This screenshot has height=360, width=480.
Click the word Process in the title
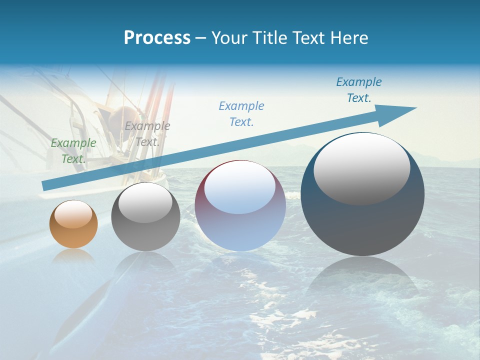pos(157,38)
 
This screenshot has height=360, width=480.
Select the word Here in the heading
pos(348,38)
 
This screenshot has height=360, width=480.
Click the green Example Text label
pos(73,150)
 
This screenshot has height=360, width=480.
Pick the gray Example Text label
pos(147,133)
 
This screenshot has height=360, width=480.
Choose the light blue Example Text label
pos(241,113)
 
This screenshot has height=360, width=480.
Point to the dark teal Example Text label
pos(358,90)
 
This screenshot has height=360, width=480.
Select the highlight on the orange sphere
pos(73,214)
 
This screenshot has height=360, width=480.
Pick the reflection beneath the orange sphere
pos(73,256)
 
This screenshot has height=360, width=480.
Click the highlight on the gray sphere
pos(145,205)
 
